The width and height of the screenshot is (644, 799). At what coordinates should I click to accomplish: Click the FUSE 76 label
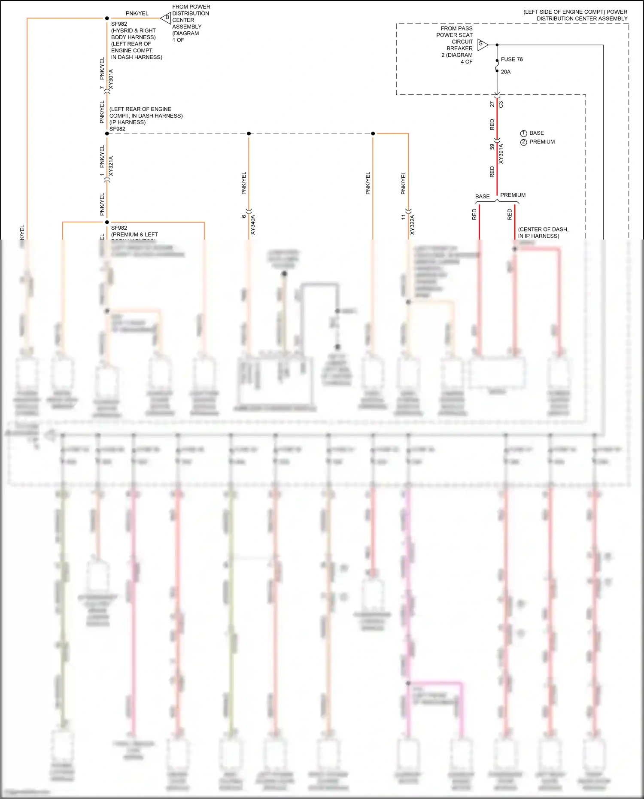tap(512, 59)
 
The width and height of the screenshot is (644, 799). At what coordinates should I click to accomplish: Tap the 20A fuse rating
tap(506, 72)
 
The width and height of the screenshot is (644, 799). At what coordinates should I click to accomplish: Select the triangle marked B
tap(166, 18)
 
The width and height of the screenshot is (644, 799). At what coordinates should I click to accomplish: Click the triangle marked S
tap(482, 44)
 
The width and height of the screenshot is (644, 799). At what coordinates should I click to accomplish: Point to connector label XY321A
tap(111, 166)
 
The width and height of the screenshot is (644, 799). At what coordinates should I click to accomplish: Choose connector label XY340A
tap(253, 225)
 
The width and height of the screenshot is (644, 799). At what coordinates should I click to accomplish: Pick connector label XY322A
tap(413, 225)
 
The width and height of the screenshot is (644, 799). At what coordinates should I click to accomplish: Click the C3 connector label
tap(501, 104)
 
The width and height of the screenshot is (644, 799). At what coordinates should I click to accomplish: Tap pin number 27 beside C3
tap(492, 104)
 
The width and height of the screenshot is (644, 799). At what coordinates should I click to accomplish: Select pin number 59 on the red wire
tap(492, 147)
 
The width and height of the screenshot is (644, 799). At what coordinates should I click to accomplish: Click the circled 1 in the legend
tap(523, 134)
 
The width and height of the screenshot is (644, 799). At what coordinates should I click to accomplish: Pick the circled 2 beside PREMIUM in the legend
tap(523, 142)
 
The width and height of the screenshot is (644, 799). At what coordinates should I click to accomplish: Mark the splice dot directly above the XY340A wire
tap(249, 134)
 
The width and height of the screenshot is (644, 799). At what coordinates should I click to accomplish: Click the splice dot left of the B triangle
tap(107, 18)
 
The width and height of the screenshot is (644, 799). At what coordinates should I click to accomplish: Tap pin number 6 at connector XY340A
tap(244, 216)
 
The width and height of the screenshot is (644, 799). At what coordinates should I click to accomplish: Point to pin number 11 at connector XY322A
tap(403, 217)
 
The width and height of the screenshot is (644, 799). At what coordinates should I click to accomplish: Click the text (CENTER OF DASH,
tap(543, 229)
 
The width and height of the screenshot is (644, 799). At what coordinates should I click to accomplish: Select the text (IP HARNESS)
tap(128, 122)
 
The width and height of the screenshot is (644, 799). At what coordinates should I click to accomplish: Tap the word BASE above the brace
tap(482, 197)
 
